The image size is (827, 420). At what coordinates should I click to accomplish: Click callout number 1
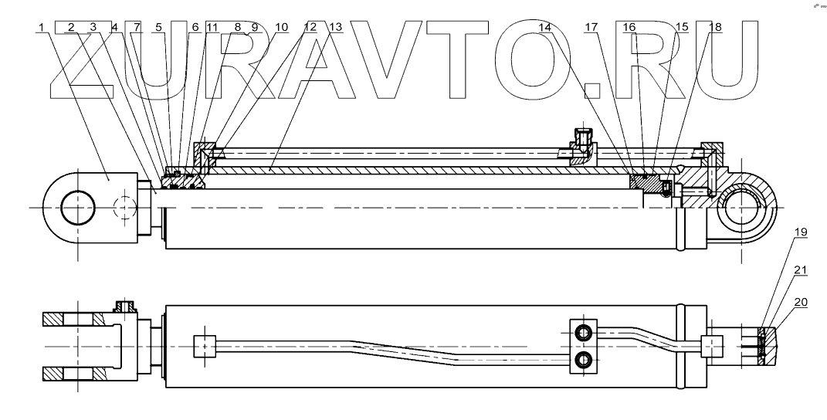pyautogui.click(x=40, y=27)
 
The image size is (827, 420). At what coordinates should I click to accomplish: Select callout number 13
pyautogui.click(x=334, y=27)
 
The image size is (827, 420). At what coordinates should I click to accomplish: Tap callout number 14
pyautogui.click(x=545, y=27)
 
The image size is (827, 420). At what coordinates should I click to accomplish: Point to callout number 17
pyautogui.click(x=591, y=27)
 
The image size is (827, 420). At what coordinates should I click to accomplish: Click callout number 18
pyautogui.click(x=715, y=27)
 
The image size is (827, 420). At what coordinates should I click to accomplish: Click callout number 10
pyautogui.click(x=281, y=27)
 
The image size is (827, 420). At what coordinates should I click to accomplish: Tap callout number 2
pyautogui.click(x=71, y=27)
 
